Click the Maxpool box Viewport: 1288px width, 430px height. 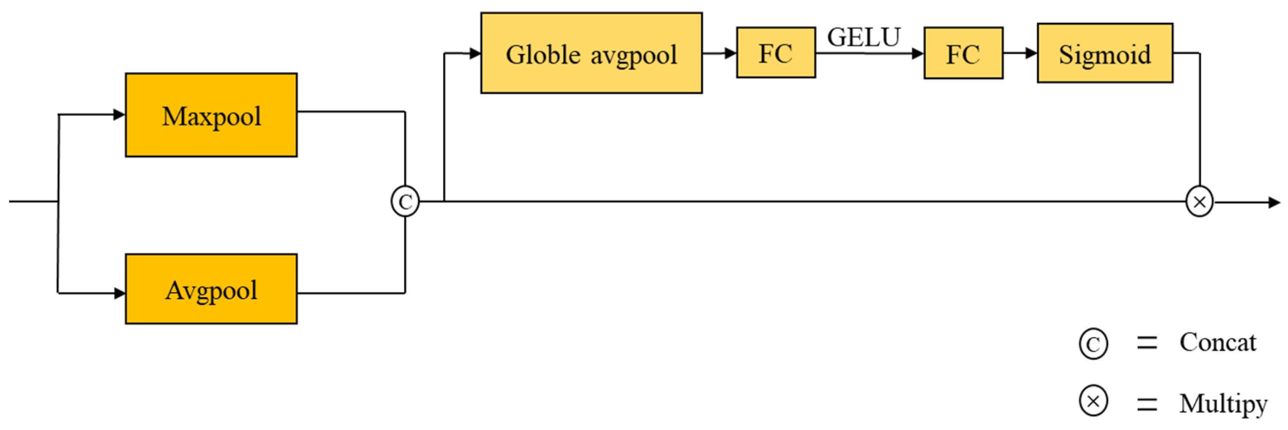pos(211,115)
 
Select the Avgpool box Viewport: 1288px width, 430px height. pos(211,289)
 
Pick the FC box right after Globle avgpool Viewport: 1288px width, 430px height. pos(775,53)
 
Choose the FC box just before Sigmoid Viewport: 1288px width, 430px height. pos(963,53)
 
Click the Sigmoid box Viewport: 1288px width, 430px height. pos(1104,53)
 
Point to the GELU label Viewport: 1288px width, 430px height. pos(863,37)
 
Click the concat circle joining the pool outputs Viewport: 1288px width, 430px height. pos(405,201)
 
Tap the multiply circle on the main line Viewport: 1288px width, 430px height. pos(1199,201)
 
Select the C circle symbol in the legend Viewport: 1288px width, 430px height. pos(1093,344)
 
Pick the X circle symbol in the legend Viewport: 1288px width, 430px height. pos(1093,401)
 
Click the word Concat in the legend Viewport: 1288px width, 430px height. pos(1218,342)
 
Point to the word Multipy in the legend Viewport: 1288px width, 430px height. pos(1223,403)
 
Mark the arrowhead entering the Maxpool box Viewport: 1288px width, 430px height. pos(119,115)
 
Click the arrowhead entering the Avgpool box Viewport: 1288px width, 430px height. pos(119,293)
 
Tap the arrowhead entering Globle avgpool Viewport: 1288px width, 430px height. pos(474,53)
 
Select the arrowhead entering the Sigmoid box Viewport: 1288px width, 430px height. pos(1031,53)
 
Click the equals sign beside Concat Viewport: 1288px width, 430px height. pos(1146,343)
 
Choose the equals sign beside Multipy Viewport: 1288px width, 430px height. pos(1146,404)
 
